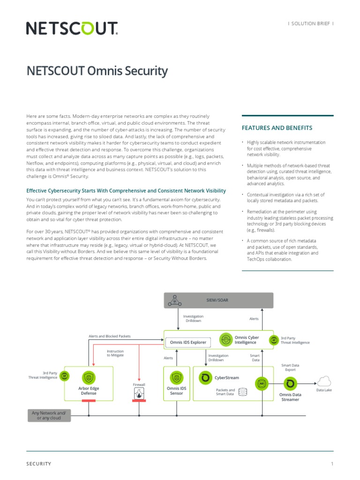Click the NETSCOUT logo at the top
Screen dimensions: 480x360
[72, 29]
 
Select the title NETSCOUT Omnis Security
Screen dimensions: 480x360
[97, 71]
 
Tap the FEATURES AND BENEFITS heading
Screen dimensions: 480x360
[277, 128]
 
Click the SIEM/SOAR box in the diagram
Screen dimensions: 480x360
[218, 300]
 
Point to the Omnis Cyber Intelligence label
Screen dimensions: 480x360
[246, 339]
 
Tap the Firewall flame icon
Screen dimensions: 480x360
[139, 395]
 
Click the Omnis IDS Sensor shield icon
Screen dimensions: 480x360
[177, 377]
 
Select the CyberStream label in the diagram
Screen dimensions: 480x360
[226, 377]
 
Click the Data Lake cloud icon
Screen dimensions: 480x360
[324, 381]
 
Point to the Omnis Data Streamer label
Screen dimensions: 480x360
[290, 397]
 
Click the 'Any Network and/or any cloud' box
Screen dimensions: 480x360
[49, 415]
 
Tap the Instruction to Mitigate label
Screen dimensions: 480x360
[115, 353]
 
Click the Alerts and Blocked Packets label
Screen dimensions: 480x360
[110, 336]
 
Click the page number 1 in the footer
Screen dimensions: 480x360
[332, 464]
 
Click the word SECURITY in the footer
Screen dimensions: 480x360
[39, 464]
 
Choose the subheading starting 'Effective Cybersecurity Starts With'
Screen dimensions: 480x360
[126, 191]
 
